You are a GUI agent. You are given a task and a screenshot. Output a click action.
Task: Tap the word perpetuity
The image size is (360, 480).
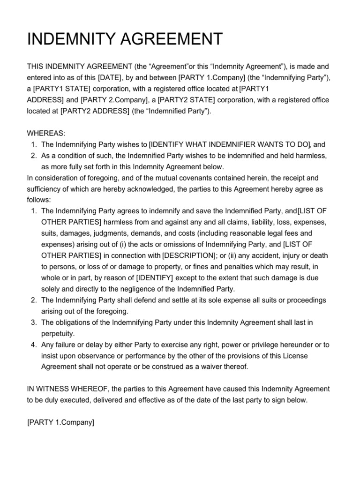click(x=58, y=333)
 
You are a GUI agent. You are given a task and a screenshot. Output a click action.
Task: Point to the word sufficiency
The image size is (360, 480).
click(x=46, y=189)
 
